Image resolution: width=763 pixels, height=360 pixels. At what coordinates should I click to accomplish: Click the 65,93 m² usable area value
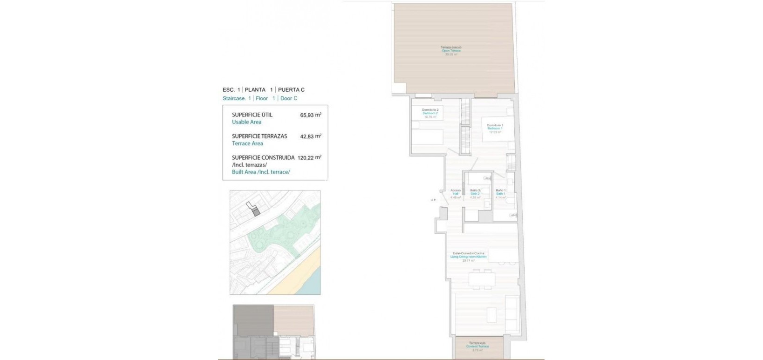tap(311, 115)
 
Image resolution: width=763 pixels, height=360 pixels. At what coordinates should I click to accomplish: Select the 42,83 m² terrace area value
tap(311, 136)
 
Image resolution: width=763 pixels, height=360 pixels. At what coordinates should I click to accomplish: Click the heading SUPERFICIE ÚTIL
tap(252, 115)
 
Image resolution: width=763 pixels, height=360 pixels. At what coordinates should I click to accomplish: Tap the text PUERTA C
tap(292, 89)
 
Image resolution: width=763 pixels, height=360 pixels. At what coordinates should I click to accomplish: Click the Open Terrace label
tap(451, 51)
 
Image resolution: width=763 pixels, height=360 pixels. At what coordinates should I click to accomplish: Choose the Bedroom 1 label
tap(495, 128)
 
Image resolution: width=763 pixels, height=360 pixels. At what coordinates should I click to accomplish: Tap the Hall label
tap(455, 194)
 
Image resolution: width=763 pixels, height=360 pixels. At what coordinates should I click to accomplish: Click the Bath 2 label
tap(475, 194)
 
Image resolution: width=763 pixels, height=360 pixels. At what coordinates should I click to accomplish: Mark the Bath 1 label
tap(500, 194)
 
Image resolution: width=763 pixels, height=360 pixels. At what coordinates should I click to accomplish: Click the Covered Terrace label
tap(477, 346)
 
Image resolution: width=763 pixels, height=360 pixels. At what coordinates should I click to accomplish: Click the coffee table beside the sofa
tap(491, 312)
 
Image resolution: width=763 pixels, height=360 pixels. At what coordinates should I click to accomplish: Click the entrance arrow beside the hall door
tap(433, 200)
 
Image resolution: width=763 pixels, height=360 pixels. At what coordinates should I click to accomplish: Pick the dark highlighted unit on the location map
tap(255, 212)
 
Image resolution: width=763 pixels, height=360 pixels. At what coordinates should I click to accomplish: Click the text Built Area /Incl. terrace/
tap(261, 172)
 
